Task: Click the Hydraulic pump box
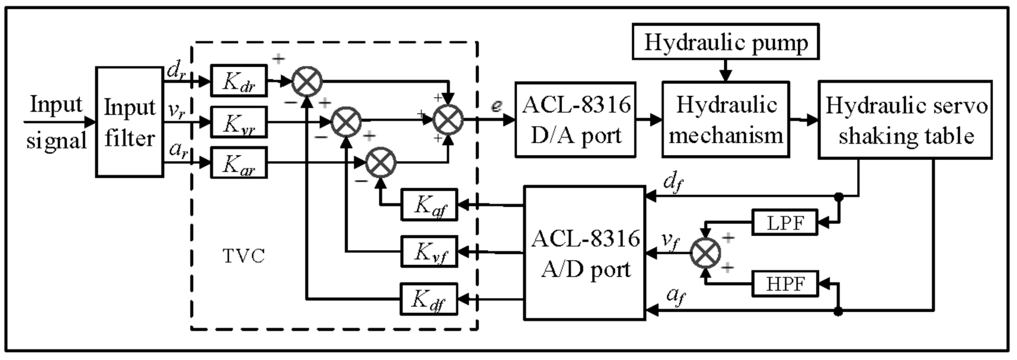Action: [x=725, y=42]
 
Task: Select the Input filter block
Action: [x=129, y=122]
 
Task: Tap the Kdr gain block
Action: [x=239, y=81]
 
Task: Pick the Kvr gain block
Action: [x=239, y=122]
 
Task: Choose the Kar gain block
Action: [x=239, y=163]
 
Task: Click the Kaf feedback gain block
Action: [x=429, y=205]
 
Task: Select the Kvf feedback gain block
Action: [x=429, y=251]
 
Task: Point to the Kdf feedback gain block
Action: [x=428, y=299]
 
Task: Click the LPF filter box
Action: [x=785, y=222]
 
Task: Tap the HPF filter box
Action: [x=785, y=284]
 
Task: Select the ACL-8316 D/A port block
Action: [x=575, y=120]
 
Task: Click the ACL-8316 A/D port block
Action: [x=584, y=253]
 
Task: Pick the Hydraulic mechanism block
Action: [x=725, y=120]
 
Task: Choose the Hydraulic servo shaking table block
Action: [x=905, y=120]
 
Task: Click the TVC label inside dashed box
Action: [x=244, y=256]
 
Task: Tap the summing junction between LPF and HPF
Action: [x=705, y=253]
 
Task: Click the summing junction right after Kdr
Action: [x=307, y=81]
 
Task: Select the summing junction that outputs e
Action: [x=448, y=120]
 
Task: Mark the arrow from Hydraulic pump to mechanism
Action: [x=725, y=71]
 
